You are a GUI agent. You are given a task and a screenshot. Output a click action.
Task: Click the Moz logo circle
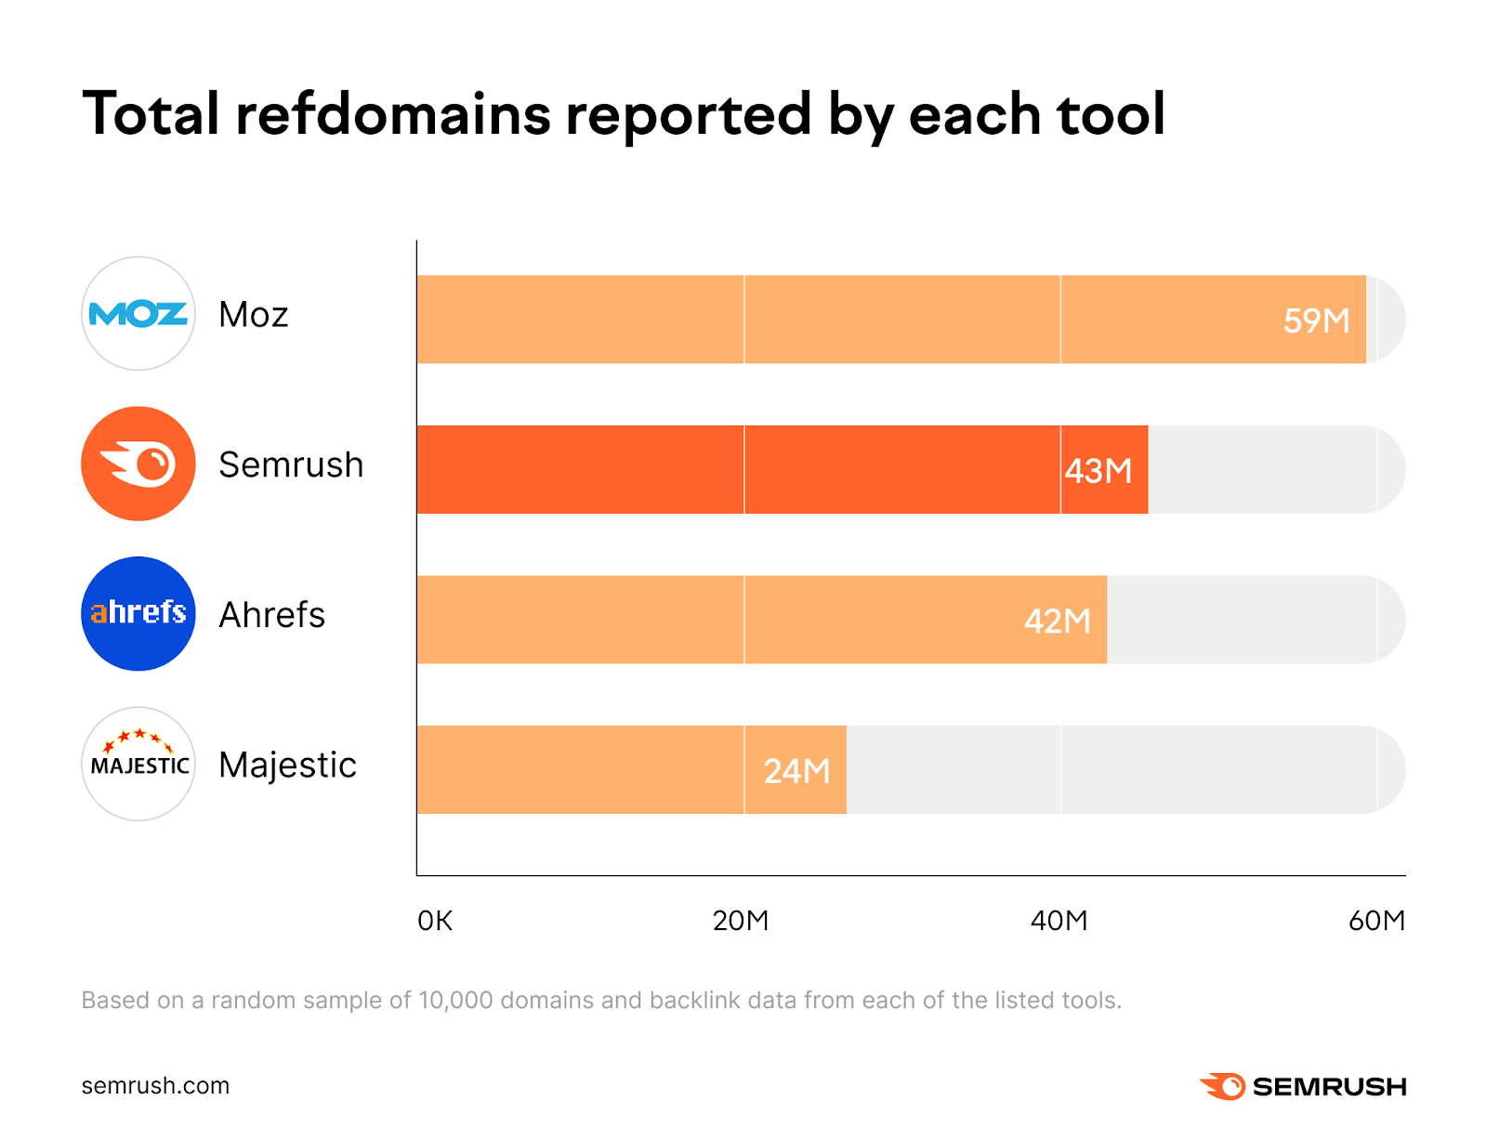click(x=138, y=314)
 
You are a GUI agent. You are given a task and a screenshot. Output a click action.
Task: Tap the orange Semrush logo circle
click(x=138, y=464)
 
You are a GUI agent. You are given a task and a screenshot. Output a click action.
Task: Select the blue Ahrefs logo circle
click(x=138, y=614)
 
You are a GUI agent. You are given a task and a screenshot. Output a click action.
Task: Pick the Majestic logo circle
click(x=138, y=764)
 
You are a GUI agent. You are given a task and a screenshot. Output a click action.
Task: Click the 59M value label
click(x=1316, y=321)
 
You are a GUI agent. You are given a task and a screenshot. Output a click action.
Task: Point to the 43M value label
click(x=1099, y=471)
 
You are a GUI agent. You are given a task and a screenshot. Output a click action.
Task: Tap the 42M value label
click(x=1057, y=621)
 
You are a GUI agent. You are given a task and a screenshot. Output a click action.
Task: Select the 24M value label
click(x=796, y=771)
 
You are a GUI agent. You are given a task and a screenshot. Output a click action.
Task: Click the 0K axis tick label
click(x=435, y=921)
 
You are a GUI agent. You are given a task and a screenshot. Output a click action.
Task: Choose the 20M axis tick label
click(x=741, y=921)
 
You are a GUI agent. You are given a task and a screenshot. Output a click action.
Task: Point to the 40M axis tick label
click(x=1059, y=921)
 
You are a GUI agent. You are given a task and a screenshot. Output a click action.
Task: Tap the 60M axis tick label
click(x=1376, y=921)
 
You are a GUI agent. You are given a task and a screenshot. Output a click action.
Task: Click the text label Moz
click(x=253, y=315)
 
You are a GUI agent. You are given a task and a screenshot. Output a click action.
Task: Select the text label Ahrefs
click(x=271, y=615)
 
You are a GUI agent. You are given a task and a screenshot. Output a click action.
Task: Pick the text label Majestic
click(x=287, y=766)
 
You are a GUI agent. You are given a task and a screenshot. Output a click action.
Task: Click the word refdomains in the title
click(x=393, y=114)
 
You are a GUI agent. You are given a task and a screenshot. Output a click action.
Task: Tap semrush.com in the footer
click(x=155, y=1086)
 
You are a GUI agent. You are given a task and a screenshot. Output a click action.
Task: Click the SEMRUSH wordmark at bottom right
click(x=1329, y=1087)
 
